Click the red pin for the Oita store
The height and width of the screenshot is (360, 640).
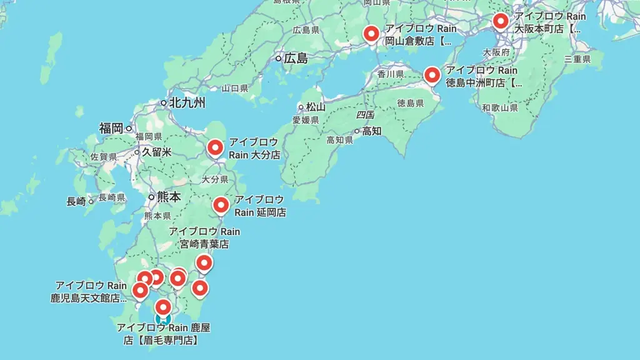click(215, 147)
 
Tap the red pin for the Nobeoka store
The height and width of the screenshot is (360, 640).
click(221, 205)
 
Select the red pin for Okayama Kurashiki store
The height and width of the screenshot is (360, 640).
click(372, 33)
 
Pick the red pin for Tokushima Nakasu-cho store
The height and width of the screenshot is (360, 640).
click(432, 75)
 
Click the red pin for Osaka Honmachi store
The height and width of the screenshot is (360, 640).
click(500, 21)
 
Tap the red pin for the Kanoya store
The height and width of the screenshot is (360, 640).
click(163, 307)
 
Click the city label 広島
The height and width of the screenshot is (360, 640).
click(296, 59)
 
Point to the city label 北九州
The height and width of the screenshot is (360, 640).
click(186, 102)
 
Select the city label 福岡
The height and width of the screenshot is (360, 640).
click(111, 128)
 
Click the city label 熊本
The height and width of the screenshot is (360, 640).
click(169, 197)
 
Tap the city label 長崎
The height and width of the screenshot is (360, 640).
click(76, 201)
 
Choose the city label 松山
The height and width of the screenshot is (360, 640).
click(316, 107)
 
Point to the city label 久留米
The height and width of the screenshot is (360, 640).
click(156, 152)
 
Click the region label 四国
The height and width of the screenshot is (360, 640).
click(365, 115)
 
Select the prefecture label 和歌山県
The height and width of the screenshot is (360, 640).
click(500, 108)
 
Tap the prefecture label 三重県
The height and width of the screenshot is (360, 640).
click(577, 59)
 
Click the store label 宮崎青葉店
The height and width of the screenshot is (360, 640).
click(204, 244)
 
